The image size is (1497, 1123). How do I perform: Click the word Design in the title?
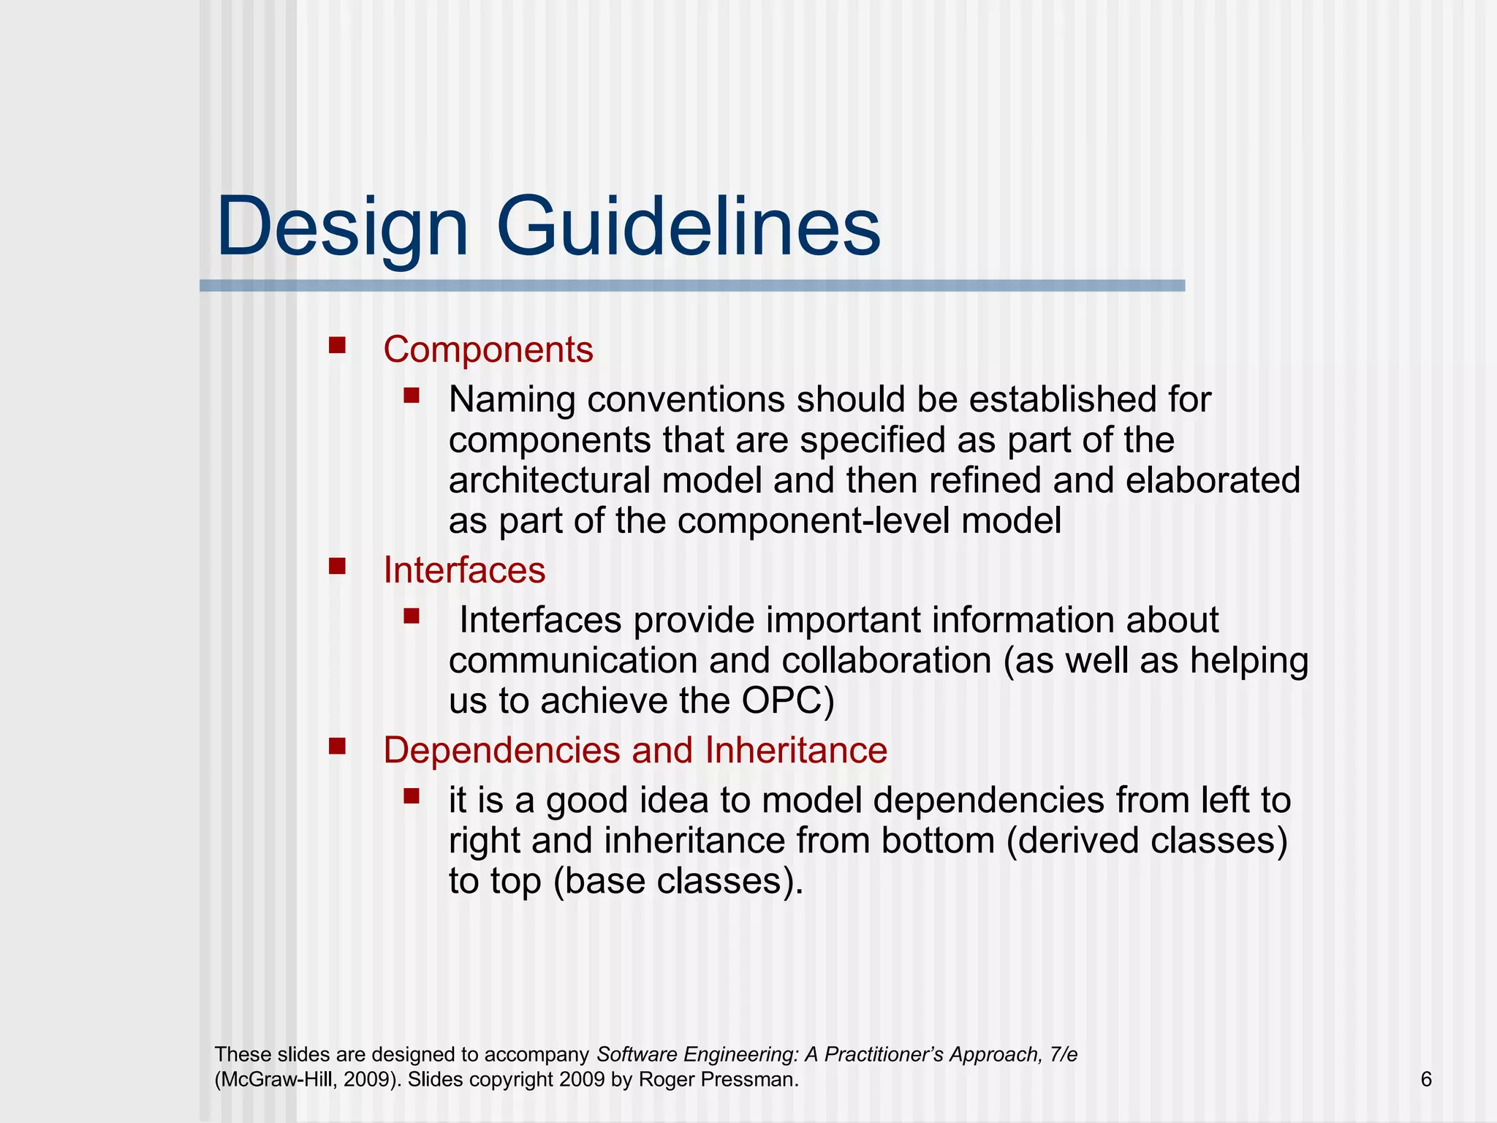tap(341, 228)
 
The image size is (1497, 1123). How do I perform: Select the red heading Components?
tap(488, 349)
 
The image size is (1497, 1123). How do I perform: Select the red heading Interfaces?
tap(464, 570)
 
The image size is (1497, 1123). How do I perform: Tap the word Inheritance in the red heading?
tap(796, 750)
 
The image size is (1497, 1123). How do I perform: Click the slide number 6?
tap(1425, 1079)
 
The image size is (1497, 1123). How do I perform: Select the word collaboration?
tap(886, 660)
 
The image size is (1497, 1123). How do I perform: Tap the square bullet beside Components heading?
tap(337, 345)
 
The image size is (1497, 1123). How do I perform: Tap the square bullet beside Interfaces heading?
tap(337, 566)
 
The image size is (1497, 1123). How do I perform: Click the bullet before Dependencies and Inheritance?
tap(337, 746)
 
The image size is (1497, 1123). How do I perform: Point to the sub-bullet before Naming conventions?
tap(411, 396)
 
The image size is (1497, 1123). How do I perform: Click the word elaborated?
tap(1213, 481)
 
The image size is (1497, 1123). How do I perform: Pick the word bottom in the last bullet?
tap(937, 840)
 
